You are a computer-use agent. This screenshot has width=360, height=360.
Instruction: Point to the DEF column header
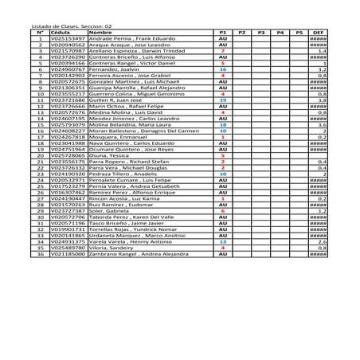[x=318, y=32]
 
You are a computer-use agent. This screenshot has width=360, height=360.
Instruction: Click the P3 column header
[x=260, y=32]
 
